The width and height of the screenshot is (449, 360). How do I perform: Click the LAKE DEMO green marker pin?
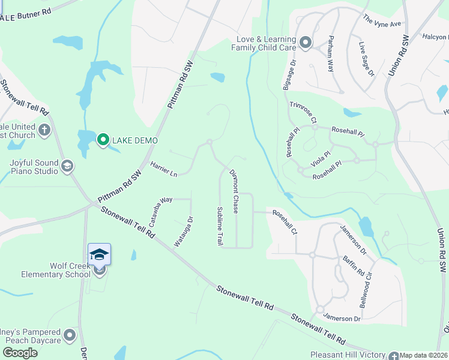tap(103, 140)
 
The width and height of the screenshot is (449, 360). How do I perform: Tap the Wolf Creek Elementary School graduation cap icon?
tap(99, 254)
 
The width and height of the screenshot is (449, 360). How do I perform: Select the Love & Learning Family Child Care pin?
tap(306, 42)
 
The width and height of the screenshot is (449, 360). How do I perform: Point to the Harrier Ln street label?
tap(164, 169)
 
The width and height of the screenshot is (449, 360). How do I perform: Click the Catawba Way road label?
tap(160, 209)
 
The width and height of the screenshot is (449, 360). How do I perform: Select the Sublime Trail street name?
tap(220, 226)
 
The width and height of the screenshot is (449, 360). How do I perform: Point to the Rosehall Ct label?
tap(285, 222)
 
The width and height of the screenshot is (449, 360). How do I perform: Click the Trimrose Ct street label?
tap(303, 112)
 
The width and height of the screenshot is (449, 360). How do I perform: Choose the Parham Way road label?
tap(330, 53)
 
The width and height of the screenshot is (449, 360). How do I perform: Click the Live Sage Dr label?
tap(366, 59)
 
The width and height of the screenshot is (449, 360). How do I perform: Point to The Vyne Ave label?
tap(382, 20)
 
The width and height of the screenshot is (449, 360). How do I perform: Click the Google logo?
tap(20, 353)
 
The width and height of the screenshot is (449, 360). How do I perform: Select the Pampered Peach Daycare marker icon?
tap(70, 334)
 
